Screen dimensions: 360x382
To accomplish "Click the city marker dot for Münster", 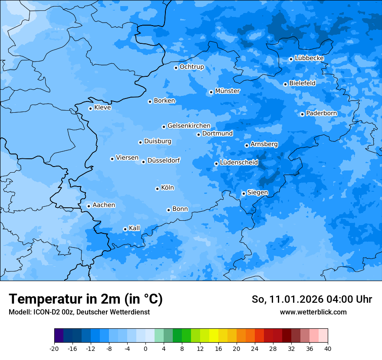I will click(211, 92).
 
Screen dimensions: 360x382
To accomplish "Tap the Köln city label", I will click(167, 188).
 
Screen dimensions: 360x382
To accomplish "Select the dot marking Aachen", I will click(89, 206).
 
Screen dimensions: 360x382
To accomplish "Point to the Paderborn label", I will click(321, 113).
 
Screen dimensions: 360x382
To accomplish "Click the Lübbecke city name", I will click(309, 58).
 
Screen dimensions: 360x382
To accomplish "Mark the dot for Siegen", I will click(244, 193).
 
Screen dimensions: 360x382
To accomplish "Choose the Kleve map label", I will click(102, 108).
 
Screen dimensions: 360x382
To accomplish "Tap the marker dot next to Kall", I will click(125, 229).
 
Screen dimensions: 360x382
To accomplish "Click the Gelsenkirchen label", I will click(189, 126).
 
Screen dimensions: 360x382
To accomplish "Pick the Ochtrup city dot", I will click(176, 68).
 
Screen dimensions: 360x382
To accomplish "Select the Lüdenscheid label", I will click(239, 163).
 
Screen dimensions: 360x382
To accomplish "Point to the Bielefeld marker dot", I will click(285, 84).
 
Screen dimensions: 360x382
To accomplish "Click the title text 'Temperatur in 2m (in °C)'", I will click(86, 299).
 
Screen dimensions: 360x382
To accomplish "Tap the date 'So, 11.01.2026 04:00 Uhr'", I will click(312, 299).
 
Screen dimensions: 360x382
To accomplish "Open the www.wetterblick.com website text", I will click(313, 312).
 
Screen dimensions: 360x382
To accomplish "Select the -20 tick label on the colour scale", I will click(54, 348).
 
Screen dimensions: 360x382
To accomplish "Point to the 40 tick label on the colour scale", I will click(327, 348).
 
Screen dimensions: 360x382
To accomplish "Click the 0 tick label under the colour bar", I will click(145, 348).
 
